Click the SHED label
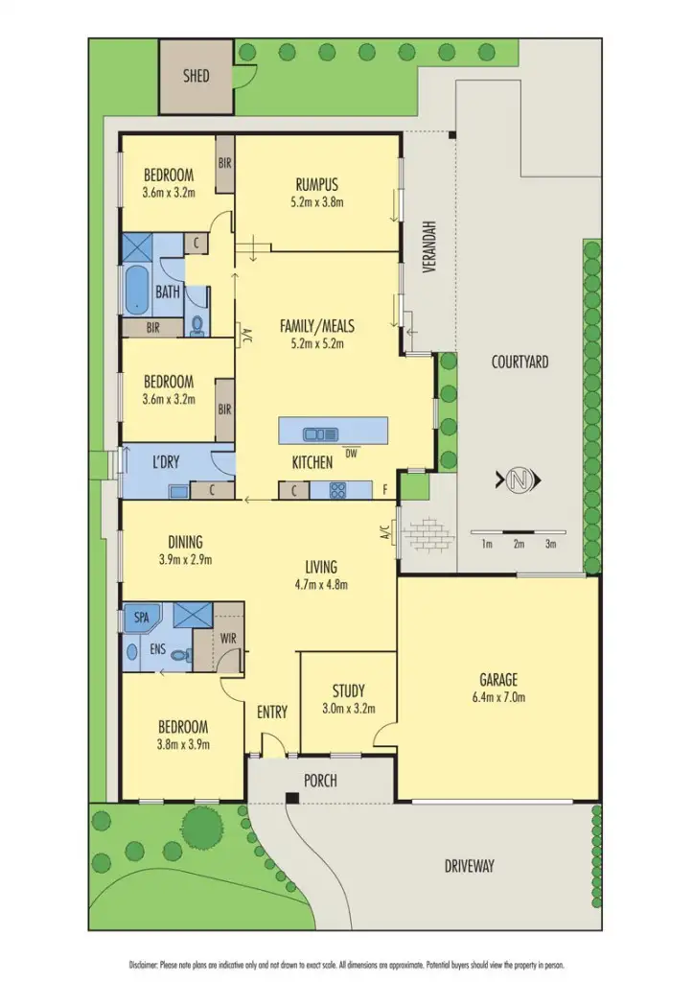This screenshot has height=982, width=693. (196, 76)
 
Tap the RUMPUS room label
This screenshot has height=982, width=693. (317, 185)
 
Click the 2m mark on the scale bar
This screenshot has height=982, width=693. (519, 544)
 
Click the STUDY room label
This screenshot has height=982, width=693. (348, 690)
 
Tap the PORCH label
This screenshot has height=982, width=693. (320, 781)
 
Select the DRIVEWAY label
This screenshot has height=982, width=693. (470, 866)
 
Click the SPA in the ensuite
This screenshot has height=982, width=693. (141, 617)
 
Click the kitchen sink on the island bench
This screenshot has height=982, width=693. (315, 433)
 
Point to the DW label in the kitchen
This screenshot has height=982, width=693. (351, 454)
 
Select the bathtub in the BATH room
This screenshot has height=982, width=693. (136, 291)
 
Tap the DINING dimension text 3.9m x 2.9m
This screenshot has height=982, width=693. (185, 560)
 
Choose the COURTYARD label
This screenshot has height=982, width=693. (520, 362)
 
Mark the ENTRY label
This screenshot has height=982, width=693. (272, 712)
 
